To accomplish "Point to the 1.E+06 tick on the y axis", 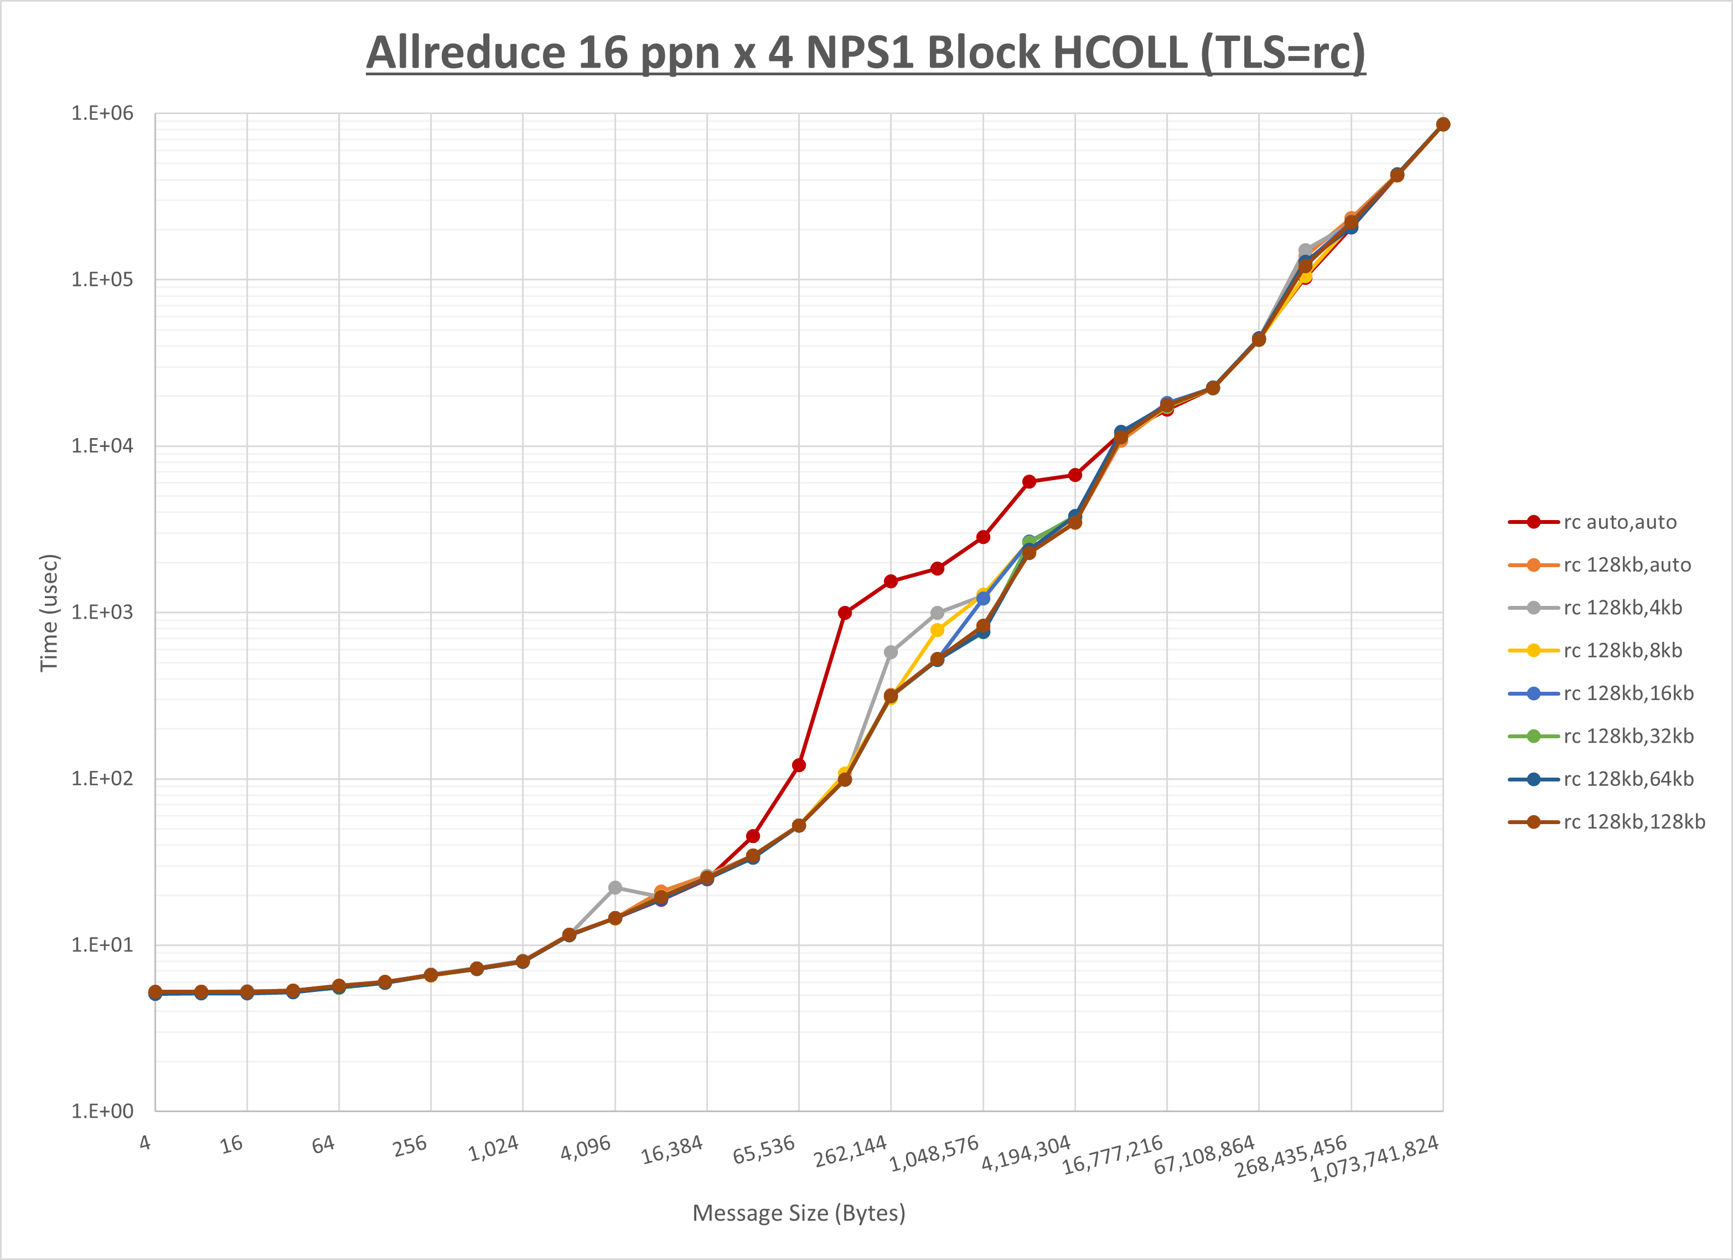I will [x=102, y=113].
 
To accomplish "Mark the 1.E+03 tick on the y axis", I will [x=102, y=613].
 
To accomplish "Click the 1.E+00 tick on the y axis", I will [x=102, y=1111].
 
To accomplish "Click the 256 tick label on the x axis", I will [x=410, y=1146].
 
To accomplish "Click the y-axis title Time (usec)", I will [x=49, y=613].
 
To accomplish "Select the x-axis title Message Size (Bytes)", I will [x=799, y=1213].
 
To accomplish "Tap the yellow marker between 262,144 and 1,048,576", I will [x=937, y=630].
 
